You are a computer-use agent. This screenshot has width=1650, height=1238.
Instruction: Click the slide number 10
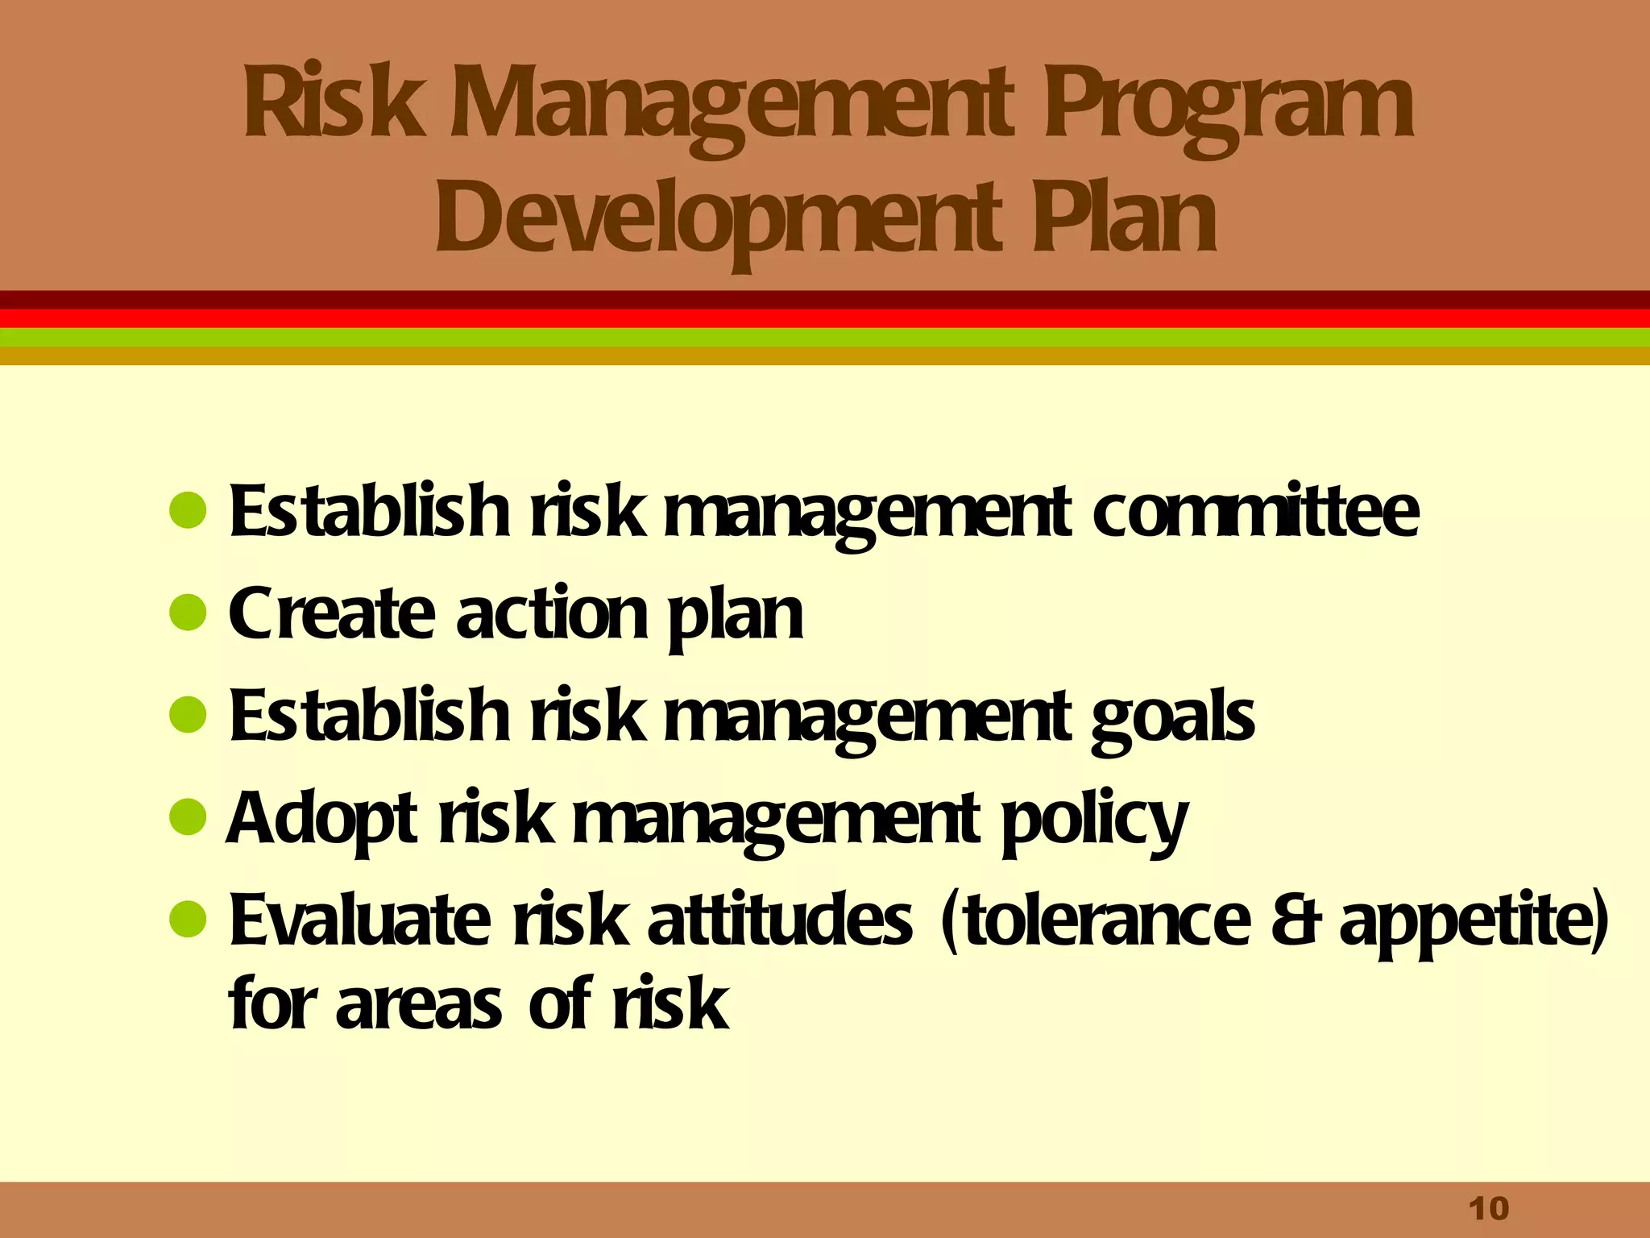click(1488, 1209)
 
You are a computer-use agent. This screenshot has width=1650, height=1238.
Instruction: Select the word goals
click(1172, 716)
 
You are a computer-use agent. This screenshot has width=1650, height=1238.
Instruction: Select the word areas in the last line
click(418, 1004)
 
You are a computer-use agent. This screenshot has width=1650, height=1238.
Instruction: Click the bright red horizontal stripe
click(825, 318)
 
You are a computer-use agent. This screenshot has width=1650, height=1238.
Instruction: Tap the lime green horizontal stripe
click(825, 337)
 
